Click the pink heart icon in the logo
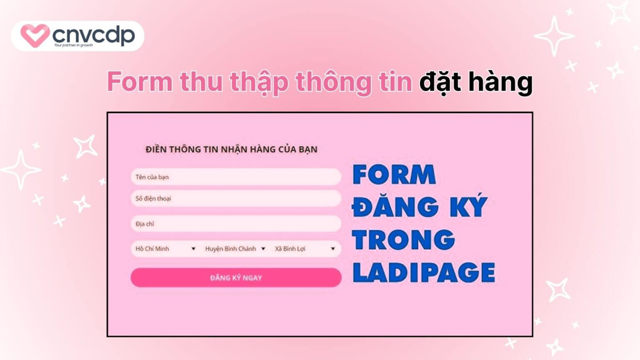(x=35, y=35)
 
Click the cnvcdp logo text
(x=94, y=34)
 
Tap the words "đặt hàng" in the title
(x=475, y=82)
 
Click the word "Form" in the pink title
(x=140, y=82)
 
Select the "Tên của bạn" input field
(x=236, y=177)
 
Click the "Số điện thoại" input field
(x=236, y=199)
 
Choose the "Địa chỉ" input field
(x=236, y=224)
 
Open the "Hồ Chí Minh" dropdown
(x=165, y=249)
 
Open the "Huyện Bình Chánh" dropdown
(x=235, y=249)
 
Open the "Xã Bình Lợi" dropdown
(x=305, y=249)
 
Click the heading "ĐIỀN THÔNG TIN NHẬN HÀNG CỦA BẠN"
(x=231, y=149)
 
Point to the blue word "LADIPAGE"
(x=424, y=273)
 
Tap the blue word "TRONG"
(x=403, y=240)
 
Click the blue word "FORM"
(x=394, y=175)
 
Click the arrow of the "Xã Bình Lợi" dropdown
(x=332, y=249)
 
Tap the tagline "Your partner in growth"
(x=73, y=45)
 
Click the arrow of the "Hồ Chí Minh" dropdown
(x=193, y=249)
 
